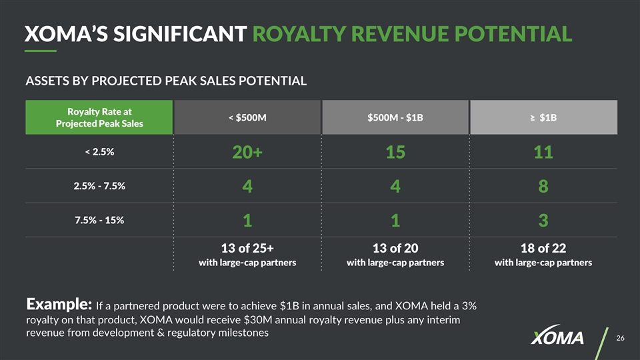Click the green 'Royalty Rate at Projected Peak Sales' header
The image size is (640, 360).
coord(99,117)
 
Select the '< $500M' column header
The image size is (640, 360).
coord(247,118)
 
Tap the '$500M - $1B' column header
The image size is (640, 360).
coord(395,118)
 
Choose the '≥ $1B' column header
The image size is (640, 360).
coord(543,118)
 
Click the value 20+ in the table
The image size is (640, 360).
coord(247,153)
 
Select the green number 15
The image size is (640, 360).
coord(395,153)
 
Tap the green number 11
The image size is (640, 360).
coord(543,153)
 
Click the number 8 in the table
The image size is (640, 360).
coord(543,188)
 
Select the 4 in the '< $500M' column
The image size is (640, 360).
coord(247,188)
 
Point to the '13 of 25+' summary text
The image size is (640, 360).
coord(247,248)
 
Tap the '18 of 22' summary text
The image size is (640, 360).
coord(543,248)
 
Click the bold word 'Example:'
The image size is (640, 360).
coord(58,305)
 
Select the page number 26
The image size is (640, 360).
coord(620,339)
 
